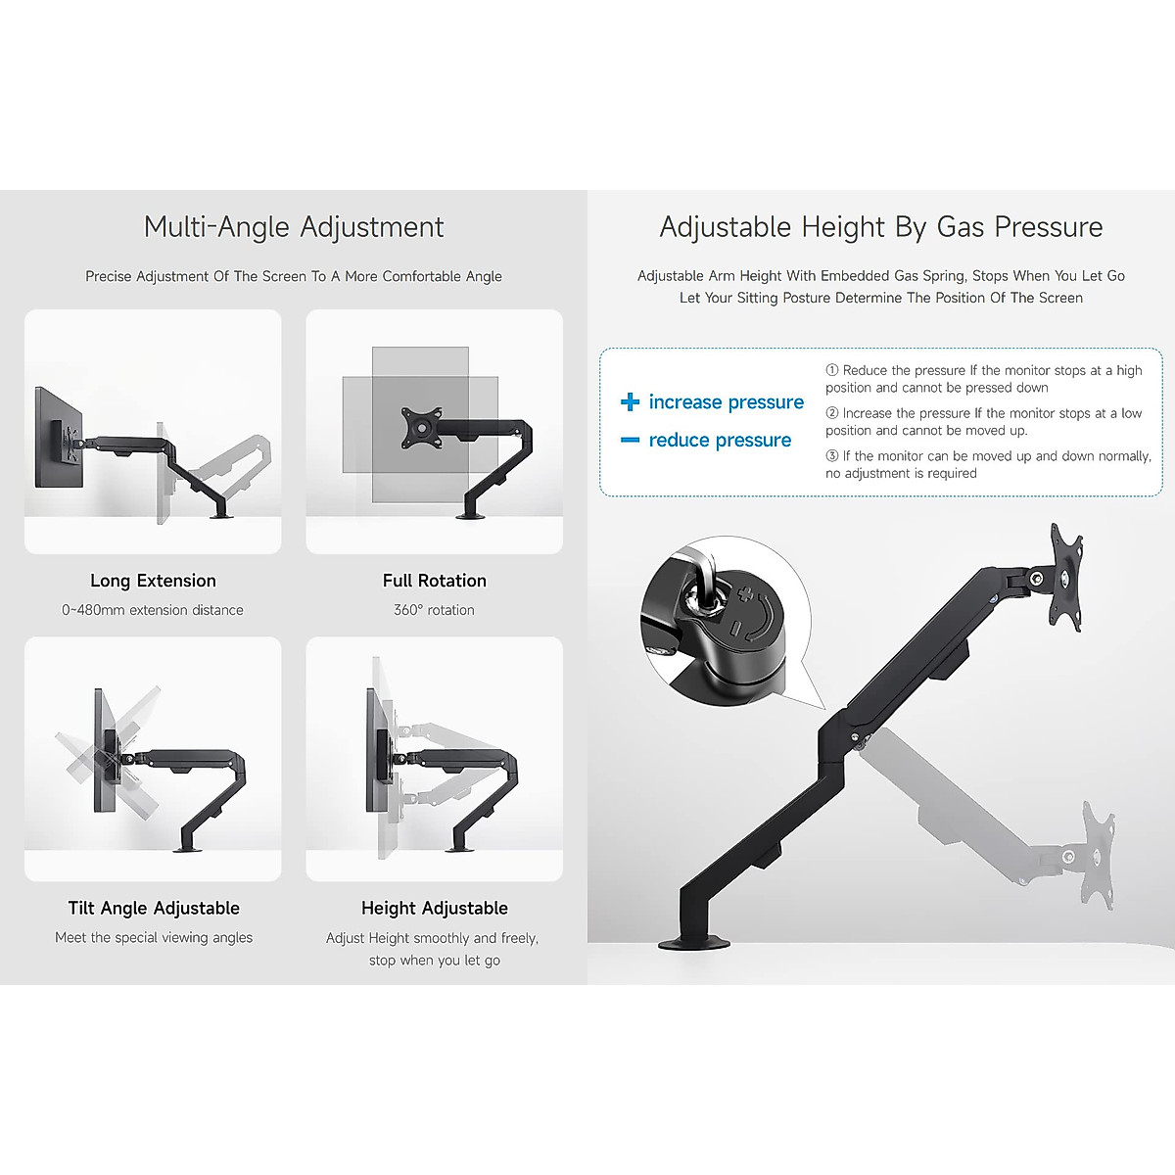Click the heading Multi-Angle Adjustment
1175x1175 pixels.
coord(294,227)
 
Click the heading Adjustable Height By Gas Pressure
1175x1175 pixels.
coord(881,227)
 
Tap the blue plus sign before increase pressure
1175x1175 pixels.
coord(630,402)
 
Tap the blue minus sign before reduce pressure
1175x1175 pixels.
coord(630,441)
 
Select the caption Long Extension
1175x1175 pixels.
coord(153,581)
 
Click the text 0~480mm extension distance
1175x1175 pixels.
coord(153,610)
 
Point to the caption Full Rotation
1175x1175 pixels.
coord(434,581)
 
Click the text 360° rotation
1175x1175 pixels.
coord(434,610)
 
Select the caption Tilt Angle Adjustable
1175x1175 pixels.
coord(154,909)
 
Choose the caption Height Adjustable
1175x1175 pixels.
coord(434,909)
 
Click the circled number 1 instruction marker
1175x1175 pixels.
coord(832,371)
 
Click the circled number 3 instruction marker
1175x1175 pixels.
coord(832,456)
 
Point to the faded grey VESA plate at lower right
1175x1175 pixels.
coord(1099,855)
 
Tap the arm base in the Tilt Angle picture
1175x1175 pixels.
coord(187,848)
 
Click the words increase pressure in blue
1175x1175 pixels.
coord(726,402)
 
